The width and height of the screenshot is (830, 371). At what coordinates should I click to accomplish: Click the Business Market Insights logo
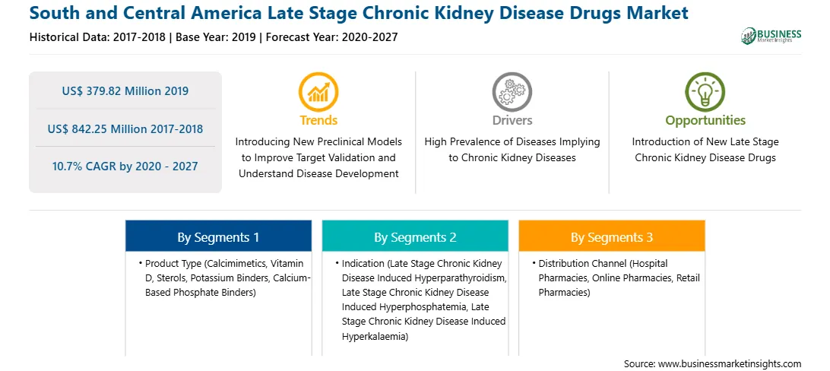coord(771,36)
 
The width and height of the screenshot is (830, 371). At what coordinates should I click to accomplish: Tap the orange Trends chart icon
coord(318,92)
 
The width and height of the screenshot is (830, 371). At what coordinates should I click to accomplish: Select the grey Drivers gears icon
coord(512,92)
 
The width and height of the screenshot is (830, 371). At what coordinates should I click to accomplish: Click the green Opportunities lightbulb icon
coord(705,92)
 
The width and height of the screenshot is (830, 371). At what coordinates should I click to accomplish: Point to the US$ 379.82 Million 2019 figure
coord(125,91)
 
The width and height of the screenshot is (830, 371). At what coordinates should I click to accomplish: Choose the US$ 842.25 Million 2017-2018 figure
coord(125,128)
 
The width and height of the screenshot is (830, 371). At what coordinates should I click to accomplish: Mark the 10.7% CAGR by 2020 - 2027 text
coord(125,166)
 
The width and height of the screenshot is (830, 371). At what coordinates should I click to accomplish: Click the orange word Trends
coord(318,120)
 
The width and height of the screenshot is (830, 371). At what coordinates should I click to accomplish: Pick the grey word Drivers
coord(512,120)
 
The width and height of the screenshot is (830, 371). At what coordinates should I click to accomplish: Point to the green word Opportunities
coord(705,121)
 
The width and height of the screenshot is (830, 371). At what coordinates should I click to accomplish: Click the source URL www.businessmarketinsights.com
coord(730,364)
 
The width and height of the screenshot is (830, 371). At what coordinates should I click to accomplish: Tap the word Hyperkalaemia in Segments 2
coord(374,336)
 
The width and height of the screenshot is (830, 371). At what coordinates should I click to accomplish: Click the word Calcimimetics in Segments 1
coord(231,263)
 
